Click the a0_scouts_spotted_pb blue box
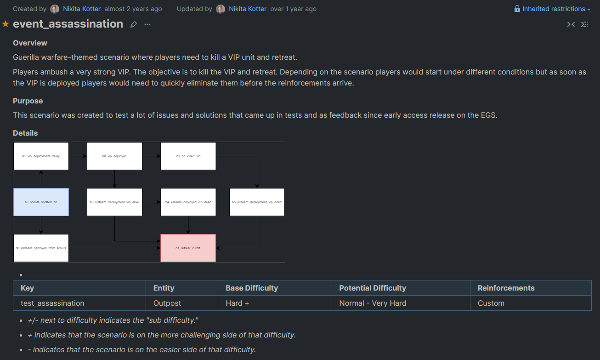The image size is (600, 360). point(41,202)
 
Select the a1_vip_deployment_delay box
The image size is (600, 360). point(41,156)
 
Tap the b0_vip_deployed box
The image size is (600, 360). point(114,156)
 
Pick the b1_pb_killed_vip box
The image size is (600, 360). point(188,156)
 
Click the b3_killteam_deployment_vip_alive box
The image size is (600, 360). point(114,202)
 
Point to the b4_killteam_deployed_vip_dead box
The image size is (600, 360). point(188,202)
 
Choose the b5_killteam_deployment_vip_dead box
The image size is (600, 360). point(257,202)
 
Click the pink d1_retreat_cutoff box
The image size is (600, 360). point(188,248)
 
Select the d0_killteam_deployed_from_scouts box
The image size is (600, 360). point(41,248)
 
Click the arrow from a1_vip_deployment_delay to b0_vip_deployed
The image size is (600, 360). point(78,156)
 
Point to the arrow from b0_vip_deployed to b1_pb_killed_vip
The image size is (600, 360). point(151,156)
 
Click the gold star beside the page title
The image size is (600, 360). point(6,24)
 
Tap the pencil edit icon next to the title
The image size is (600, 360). point(134,24)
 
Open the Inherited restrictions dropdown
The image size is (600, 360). point(553,9)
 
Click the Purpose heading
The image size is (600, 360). point(28,101)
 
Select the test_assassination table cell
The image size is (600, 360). point(52,303)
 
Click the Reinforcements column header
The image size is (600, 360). point(506,288)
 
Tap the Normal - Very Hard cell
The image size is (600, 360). point(373,303)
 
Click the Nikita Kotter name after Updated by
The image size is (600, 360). point(247,9)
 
